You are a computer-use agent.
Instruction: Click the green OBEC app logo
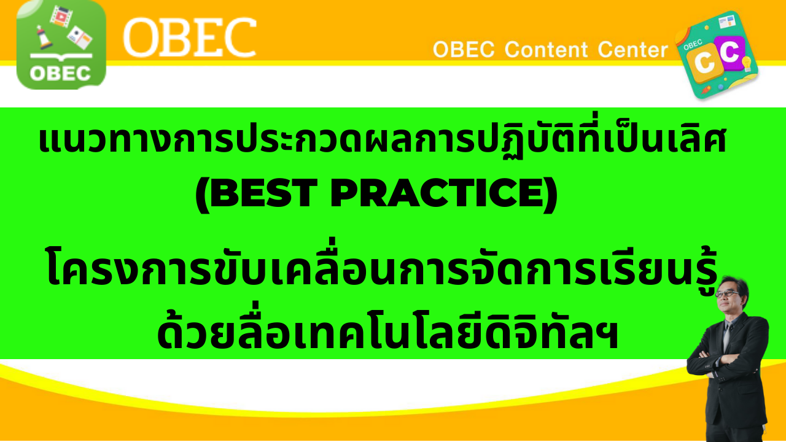[61, 45]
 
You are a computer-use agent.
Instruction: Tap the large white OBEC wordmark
[190, 38]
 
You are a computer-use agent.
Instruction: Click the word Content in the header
[546, 50]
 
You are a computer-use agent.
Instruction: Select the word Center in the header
[632, 50]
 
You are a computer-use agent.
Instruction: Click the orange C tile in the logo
[704, 63]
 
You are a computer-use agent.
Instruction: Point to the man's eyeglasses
[728, 294]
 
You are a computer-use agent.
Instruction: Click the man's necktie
[727, 337]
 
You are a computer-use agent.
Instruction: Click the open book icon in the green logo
[61, 56]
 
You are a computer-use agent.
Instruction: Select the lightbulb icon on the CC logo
[746, 63]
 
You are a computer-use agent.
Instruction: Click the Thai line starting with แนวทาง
[383, 139]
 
